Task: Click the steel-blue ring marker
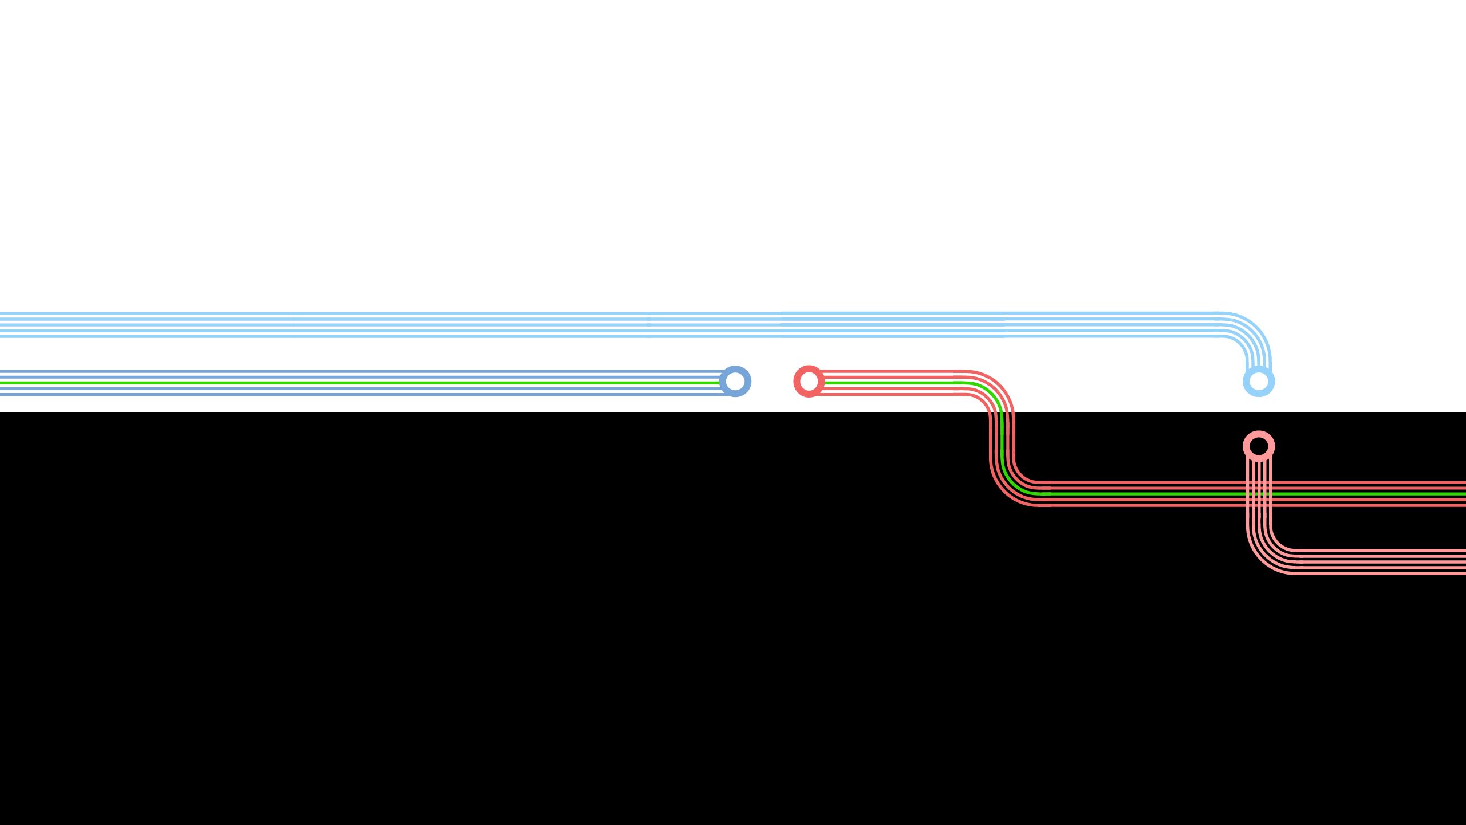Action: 735,381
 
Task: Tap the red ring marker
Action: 809,381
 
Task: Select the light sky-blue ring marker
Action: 1259,381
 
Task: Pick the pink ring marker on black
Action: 1259,446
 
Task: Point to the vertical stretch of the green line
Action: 1002,441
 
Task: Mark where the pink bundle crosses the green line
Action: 1259,494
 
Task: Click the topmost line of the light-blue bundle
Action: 573,313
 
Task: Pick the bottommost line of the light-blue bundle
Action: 573,336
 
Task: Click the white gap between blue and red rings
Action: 772,381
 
